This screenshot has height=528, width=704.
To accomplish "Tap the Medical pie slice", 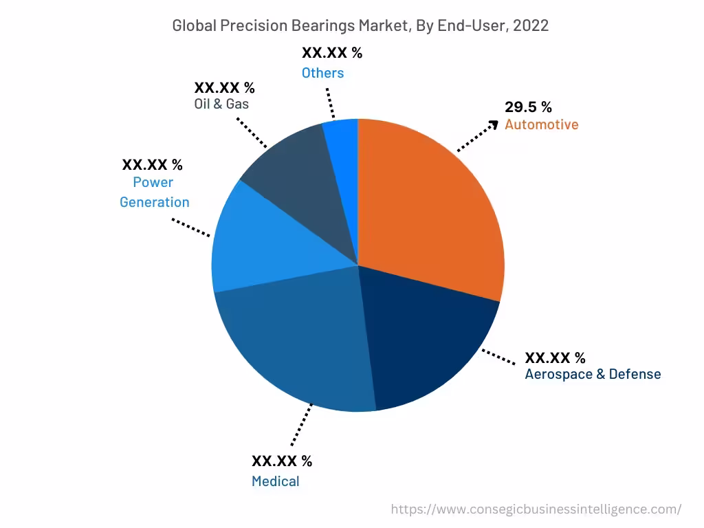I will tap(296, 344).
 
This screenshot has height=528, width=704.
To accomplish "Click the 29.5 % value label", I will tap(528, 107).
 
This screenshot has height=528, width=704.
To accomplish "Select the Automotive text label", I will tap(541, 124).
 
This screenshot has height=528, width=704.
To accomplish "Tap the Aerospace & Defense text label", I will tap(593, 375).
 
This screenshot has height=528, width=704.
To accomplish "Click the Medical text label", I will tap(275, 481).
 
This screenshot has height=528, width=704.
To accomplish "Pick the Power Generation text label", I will tap(154, 192).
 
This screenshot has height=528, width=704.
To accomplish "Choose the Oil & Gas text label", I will tap(221, 104).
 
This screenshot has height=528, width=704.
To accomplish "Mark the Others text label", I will tap(322, 73).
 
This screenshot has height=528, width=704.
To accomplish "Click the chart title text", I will tap(360, 25).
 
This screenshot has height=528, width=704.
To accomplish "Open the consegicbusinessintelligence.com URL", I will tap(536, 509).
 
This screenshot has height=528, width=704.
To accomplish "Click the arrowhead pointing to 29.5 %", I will tap(493, 123).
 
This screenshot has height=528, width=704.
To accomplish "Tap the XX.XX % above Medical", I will tap(282, 461).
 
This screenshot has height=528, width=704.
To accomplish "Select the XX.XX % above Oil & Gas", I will tap(224, 88).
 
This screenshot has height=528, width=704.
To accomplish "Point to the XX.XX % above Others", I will tap(332, 53).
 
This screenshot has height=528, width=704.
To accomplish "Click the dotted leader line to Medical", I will tap(301, 424).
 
